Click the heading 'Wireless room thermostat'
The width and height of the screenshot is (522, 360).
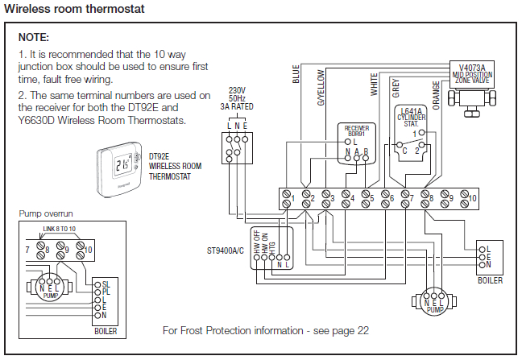[x=74, y=9]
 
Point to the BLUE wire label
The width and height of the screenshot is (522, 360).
[x=296, y=75]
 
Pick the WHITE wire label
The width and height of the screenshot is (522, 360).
[x=374, y=83]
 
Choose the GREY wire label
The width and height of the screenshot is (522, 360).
[x=396, y=86]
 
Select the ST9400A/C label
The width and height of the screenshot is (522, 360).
[x=226, y=250]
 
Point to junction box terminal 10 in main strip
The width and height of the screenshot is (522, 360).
[x=473, y=197]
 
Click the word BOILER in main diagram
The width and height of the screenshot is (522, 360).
[x=490, y=280]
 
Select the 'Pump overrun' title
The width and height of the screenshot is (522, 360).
[x=47, y=213]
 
